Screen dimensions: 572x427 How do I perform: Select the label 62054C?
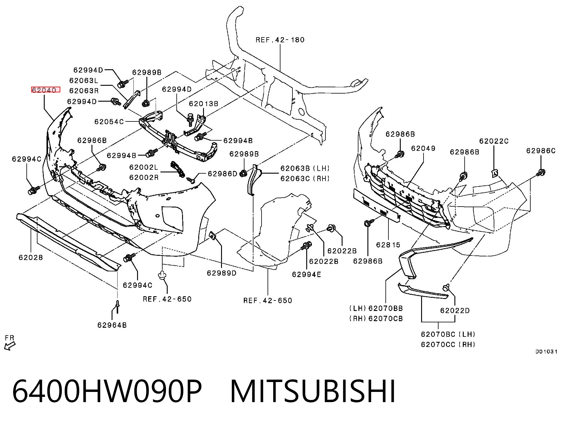[109, 122]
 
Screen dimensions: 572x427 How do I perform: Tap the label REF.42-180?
[280, 40]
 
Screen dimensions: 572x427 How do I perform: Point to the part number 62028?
[31, 257]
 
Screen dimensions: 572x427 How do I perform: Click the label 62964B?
[112, 325]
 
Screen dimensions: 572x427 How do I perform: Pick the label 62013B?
[204, 104]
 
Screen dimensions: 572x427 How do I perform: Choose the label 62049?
[423, 148]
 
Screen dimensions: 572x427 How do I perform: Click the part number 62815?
[388, 245]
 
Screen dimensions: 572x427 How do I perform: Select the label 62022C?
[494, 141]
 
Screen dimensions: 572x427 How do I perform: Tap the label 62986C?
[541, 151]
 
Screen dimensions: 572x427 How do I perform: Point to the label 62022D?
[455, 311]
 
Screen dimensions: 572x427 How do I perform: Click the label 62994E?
[306, 274]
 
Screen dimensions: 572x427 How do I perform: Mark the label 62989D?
[222, 273]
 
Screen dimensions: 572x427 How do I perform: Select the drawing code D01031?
[547, 351]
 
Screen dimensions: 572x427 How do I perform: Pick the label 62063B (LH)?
[305, 168]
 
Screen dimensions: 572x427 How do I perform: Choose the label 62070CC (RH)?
[448, 344]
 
